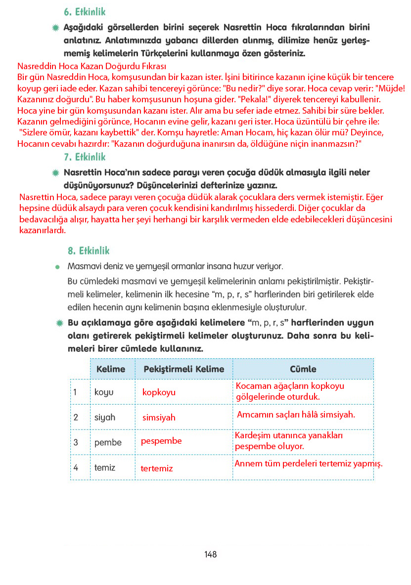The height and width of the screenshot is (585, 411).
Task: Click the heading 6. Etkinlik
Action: tap(85, 12)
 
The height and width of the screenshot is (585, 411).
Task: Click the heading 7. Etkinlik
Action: tap(85, 157)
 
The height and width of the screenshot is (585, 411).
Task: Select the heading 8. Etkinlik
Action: tap(89, 251)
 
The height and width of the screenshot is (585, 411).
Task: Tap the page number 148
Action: tap(210, 554)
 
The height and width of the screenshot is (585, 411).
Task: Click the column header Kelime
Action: tap(111, 369)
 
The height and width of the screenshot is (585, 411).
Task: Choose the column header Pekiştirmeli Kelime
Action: tap(183, 369)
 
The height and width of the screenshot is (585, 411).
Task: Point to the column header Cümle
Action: tap(303, 369)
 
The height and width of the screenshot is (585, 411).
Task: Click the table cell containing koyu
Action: tap(104, 392)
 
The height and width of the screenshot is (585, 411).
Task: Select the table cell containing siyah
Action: tap(105, 418)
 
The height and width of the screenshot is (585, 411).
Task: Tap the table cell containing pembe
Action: tap(108, 443)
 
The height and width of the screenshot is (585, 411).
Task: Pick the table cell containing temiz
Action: tap(105, 467)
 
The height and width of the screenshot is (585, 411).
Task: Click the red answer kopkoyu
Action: tap(159, 392)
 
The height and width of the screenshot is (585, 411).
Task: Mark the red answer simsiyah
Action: tap(159, 418)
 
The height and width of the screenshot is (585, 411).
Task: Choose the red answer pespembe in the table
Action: tap(161, 441)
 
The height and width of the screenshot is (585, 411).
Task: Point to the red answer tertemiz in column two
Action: tap(157, 468)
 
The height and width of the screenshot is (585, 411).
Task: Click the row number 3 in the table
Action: tap(76, 443)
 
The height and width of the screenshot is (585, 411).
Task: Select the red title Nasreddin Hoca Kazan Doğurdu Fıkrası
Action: tap(91, 66)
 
